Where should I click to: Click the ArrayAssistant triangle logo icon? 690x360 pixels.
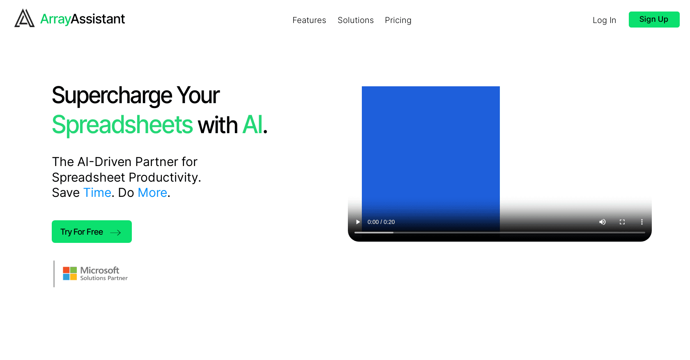pos(24,18)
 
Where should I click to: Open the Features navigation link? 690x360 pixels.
pos(309,20)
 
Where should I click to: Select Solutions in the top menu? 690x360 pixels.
pos(356,20)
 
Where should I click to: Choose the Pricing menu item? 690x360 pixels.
pos(398,21)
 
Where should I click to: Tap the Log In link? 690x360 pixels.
pos(604,21)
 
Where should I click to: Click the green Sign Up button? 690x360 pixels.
pos(654,19)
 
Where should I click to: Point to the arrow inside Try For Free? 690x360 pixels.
pos(115,233)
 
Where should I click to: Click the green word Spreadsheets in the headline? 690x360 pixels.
pos(122,125)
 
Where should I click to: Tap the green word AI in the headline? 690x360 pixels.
pos(253,125)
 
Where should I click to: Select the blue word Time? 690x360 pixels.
pos(97,193)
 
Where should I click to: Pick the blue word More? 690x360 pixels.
pos(152,193)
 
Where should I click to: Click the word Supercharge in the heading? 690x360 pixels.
pos(112,95)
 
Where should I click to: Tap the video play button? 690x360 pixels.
pos(358,222)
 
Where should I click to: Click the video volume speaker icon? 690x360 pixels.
pos(603,222)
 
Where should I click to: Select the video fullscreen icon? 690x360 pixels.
pos(622,222)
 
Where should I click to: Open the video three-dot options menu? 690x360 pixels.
pos(642,222)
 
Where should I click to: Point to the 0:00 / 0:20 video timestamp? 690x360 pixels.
pos(381,222)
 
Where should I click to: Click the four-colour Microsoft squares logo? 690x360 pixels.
pos(70,273)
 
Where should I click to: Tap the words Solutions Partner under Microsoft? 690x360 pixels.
pos(104,278)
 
